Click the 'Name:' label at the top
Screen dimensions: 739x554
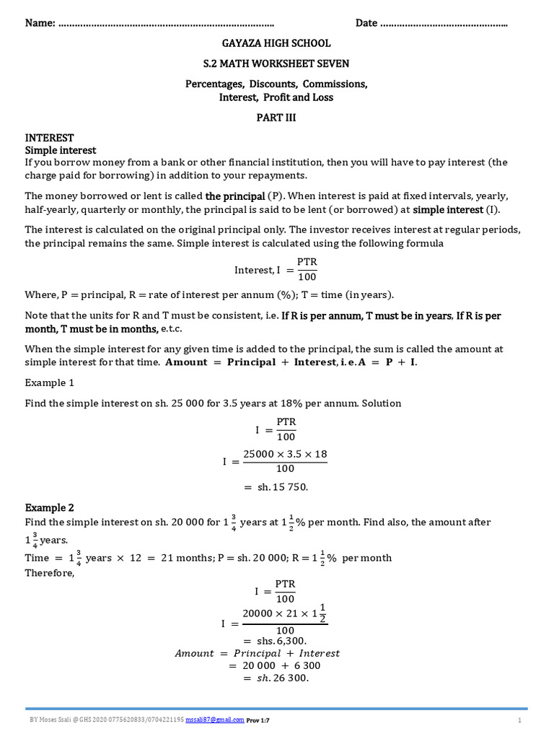pyautogui.click(x=40, y=23)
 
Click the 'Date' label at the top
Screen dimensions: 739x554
pyautogui.click(x=366, y=23)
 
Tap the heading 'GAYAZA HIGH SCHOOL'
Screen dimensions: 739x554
pyautogui.click(x=276, y=44)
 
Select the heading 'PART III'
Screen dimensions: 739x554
pyautogui.click(x=276, y=117)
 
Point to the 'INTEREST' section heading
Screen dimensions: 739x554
pyautogui.click(x=50, y=138)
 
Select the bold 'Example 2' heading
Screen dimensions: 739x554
pyautogui.click(x=50, y=507)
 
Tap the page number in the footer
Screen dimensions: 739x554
pyautogui.click(x=519, y=720)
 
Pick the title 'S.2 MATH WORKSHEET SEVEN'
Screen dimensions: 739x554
pyautogui.click(x=276, y=64)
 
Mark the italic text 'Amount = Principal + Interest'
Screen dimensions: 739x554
pyautogui.click(x=258, y=653)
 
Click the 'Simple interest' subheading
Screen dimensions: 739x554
pyautogui.click(x=61, y=150)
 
